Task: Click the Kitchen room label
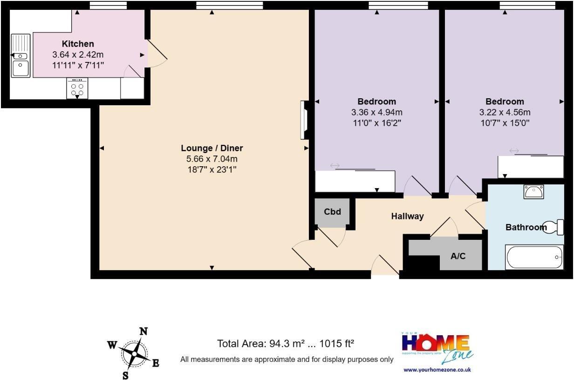tap(78, 44)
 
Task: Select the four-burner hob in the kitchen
tap(77, 88)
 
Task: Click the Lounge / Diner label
tap(212, 148)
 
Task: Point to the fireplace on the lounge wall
tap(304, 120)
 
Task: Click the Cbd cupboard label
tap(332, 212)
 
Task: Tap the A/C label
tap(458, 256)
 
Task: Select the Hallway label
tap(407, 216)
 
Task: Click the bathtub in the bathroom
tap(534, 257)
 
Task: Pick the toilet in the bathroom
tap(554, 227)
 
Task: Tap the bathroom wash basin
tap(533, 191)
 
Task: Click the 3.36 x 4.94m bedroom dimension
tap(376, 112)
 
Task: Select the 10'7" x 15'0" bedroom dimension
tap(505, 123)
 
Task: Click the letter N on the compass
tap(144, 332)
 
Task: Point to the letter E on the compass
tap(156, 363)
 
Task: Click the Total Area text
tap(286, 344)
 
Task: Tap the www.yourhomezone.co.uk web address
tap(437, 370)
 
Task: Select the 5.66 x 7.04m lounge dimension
tap(212, 159)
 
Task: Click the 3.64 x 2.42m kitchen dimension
tap(78, 54)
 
